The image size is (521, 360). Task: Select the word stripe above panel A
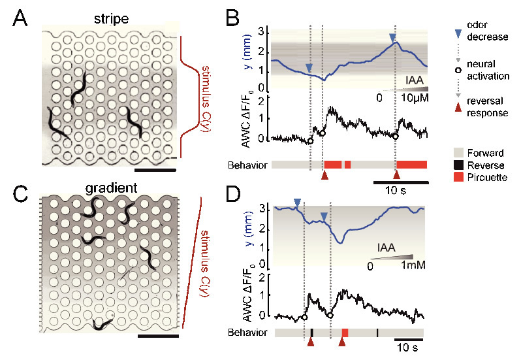coord(110,19)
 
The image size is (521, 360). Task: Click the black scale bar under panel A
coord(154,170)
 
